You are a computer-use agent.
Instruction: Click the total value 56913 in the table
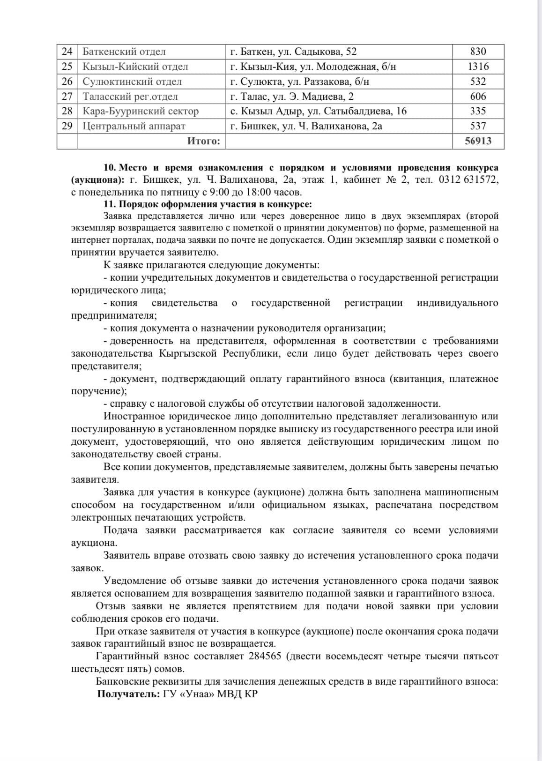click(478, 141)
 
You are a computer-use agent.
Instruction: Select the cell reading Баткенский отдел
click(124, 52)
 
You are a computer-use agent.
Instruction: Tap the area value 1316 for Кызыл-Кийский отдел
click(478, 67)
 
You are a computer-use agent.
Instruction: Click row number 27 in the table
click(67, 97)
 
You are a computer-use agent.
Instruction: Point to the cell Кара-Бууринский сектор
click(141, 111)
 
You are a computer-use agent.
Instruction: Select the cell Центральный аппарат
click(134, 126)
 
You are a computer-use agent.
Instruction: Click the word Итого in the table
click(203, 141)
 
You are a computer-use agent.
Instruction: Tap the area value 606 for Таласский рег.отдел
click(478, 97)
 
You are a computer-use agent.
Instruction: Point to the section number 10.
click(109, 168)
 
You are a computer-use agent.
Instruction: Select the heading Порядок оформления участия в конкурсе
click(215, 204)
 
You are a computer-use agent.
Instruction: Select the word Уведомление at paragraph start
click(135, 581)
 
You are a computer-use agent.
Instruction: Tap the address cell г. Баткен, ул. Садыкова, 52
click(294, 52)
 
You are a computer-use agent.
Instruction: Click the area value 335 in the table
click(478, 111)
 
